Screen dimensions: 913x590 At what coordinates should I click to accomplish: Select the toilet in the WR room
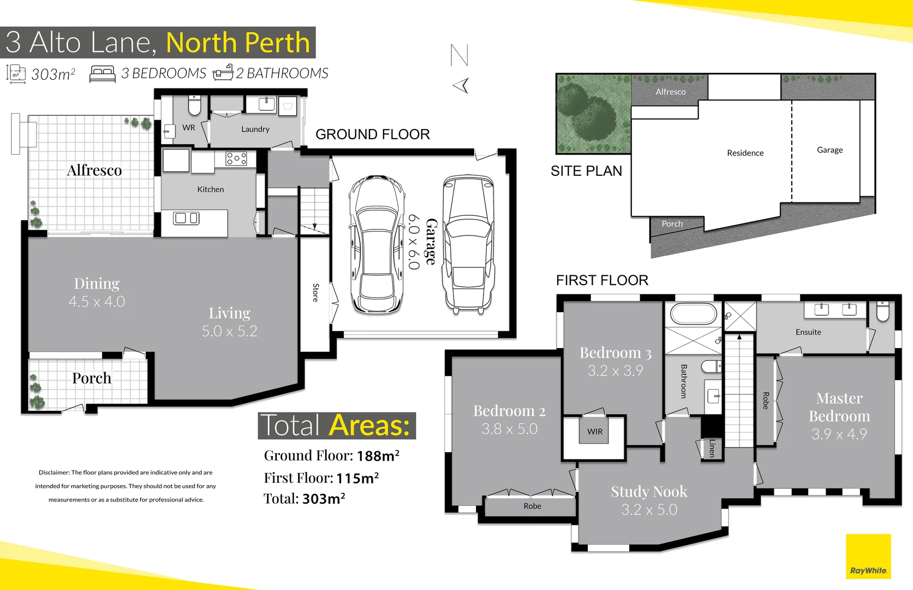(194, 105)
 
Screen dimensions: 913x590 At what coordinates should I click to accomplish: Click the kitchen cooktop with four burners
(236, 158)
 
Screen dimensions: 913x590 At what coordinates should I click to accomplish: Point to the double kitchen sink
(186, 219)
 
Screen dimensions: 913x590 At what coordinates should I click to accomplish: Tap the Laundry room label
(255, 129)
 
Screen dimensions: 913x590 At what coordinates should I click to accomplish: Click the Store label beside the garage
(315, 293)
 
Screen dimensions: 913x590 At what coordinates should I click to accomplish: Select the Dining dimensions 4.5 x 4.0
(97, 302)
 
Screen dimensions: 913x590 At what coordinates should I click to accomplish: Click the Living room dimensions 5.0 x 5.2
(229, 331)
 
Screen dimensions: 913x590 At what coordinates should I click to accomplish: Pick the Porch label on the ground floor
(92, 378)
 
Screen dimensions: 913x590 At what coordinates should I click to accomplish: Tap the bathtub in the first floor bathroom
(693, 314)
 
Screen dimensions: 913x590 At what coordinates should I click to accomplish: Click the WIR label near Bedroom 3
(595, 431)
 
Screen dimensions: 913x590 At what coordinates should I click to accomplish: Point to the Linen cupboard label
(712, 448)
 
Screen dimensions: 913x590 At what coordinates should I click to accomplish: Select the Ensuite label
(808, 332)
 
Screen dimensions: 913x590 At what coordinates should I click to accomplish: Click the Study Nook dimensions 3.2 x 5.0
(649, 510)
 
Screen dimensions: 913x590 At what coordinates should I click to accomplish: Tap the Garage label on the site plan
(830, 150)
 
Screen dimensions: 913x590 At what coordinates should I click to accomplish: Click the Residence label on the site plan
(745, 153)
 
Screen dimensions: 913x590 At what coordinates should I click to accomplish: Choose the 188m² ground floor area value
(378, 456)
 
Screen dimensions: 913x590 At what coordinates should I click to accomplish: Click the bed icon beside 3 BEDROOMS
(102, 74)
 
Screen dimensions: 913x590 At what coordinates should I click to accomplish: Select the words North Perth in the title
(238, 43)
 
